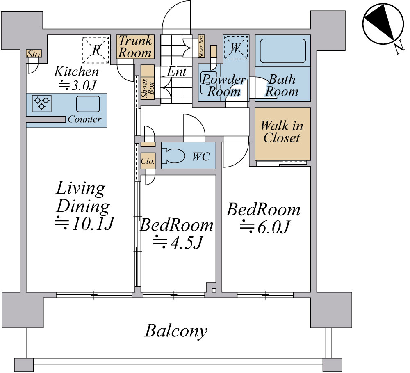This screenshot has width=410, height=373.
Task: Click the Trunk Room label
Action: tap(135, 47)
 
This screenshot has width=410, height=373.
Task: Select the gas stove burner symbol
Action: tap(41, 103)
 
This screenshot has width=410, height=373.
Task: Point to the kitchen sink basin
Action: tap(88, 104)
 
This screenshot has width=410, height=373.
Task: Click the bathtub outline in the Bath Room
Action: tap(283, 51)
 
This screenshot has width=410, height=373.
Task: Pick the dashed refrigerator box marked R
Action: tap(96, 50)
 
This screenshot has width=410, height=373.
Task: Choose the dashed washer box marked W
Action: tap(236, 48)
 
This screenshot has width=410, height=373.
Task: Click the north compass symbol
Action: tap(383, 25)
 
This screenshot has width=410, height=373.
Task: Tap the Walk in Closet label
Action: tap(282, 132)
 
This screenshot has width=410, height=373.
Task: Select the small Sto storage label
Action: tap(34, 54)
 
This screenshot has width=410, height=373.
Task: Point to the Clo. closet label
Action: tap(148, 161)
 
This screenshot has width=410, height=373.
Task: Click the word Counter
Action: tap(84, 119)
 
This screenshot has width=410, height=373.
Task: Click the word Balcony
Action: tap(176, 331)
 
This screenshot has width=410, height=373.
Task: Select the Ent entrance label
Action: tap(177, 71)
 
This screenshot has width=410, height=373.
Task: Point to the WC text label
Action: tap(201, 156)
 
